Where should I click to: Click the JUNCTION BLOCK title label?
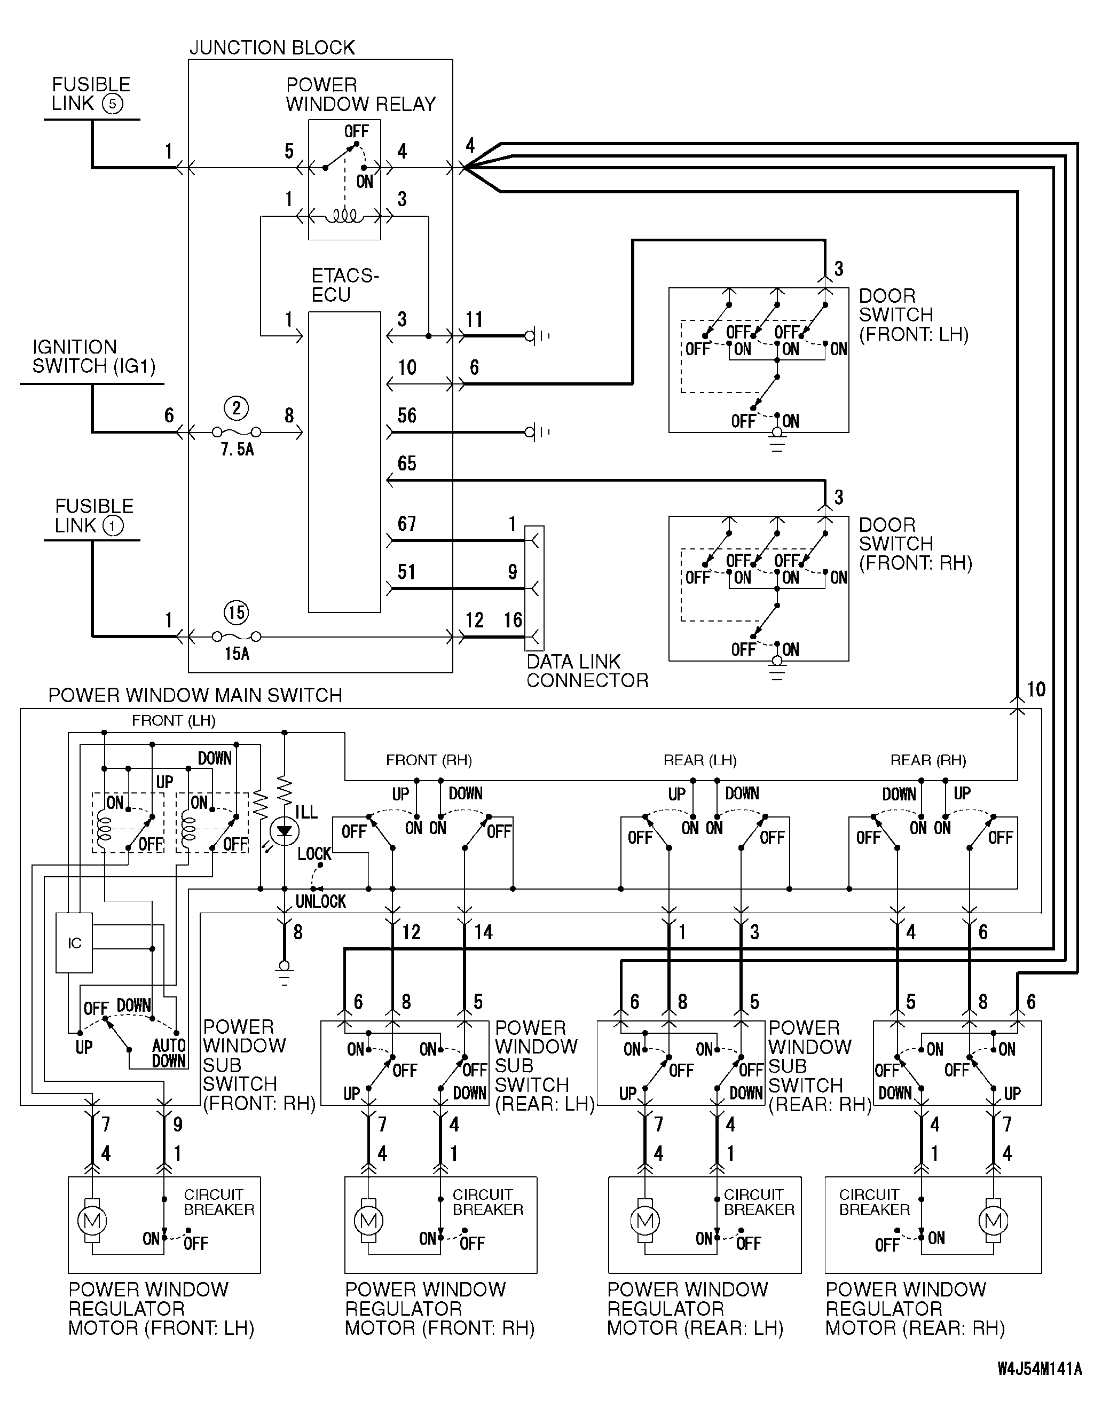(x=272, y=48)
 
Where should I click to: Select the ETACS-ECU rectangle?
(x=344, y=462)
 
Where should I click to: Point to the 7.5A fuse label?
(x=237, y=450)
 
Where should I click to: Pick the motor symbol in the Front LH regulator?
(x=91, y=1221)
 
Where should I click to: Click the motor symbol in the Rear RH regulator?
(x=993, y=1221)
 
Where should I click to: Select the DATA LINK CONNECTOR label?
(x=587, y=671)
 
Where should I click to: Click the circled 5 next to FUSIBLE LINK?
(x=113, y=104)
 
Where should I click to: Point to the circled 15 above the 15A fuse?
(x=237, y=613)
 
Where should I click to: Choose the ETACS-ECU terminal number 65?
(x=407, y=463)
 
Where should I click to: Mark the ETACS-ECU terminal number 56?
(x=407, y=415)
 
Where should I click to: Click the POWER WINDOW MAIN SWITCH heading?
(x=195, y=695)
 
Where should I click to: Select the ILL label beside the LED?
(x=306, y=812)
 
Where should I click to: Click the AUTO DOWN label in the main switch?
(x=169, y=1053)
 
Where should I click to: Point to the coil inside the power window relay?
(x=344, y=216)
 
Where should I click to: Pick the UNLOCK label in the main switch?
(x=321, y=901)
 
